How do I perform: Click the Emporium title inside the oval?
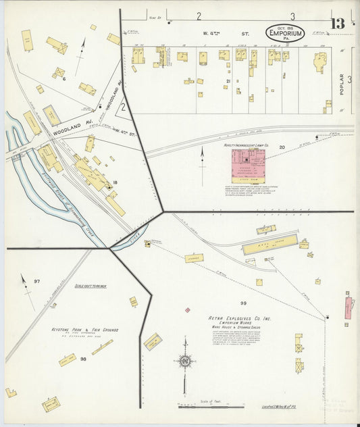point(284,32)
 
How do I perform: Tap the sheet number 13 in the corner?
point(337,24)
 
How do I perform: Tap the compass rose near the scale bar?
point(184,361)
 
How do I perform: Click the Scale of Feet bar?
point(211,406)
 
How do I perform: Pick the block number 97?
point(37,281)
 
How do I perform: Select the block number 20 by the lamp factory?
point(282,147)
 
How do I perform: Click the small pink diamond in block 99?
point(187,310)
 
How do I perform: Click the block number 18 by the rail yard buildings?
point(115,182)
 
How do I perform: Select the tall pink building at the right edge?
point(349,307)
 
